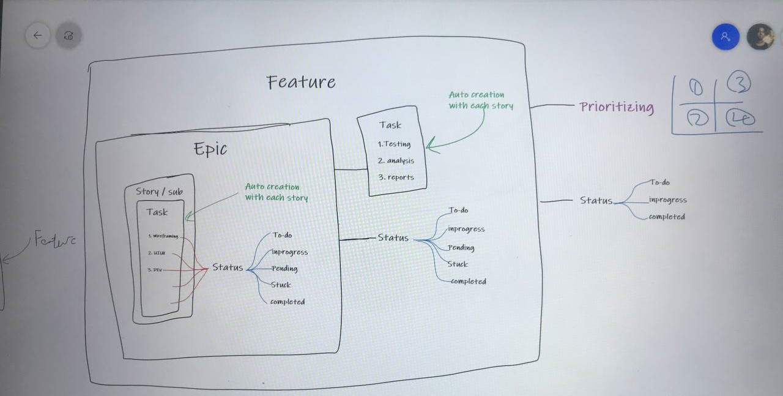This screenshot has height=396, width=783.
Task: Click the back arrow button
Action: [x=38, y=35]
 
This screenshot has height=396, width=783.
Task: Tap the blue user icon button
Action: [x=725, y=36]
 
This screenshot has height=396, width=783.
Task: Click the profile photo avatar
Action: [x=760, y=37]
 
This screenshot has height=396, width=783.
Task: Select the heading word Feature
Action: [x=301, y=82]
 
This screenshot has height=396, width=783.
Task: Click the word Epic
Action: [x=210, y=149]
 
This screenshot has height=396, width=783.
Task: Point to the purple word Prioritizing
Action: [x=616, y=108]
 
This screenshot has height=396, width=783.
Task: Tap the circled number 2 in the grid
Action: [x=695, y=117]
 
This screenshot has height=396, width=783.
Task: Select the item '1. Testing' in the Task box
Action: [x=394, y=144]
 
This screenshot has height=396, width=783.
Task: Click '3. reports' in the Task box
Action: [x=396, y=177]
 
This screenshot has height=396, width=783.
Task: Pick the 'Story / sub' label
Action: [x=159, y=192]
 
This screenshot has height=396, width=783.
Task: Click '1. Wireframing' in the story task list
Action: [x=163, y=236]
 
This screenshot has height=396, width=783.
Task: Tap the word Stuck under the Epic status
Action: [x=281, y=285]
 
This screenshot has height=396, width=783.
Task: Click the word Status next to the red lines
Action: [x=228, y=267]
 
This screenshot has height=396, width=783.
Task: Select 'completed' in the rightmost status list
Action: [x=667, y=217]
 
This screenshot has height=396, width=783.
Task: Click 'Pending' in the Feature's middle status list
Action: [x=461, y=248]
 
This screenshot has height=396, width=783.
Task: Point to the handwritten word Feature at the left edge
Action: [x=55, y=240]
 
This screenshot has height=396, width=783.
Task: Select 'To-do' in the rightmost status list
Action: [x=659, y=182]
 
